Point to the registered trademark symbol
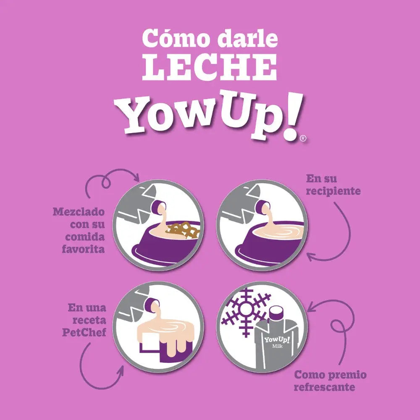pos(303,138)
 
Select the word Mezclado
pos(79,211)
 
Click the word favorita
pos(84,249)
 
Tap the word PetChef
pos(85,333)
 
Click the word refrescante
pos(324,387)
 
